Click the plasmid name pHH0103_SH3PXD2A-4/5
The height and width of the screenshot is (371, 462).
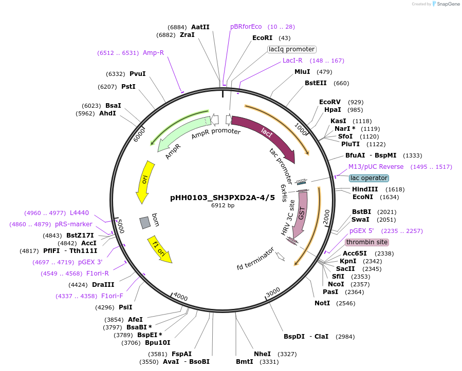coord(223,198)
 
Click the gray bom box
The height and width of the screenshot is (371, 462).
coord(145,222)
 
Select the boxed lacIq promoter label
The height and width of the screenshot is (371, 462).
coord(291,49)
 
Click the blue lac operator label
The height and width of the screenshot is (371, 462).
coord(368,178)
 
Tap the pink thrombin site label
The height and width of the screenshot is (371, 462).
coord(367,242)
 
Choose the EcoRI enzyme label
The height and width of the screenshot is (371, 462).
coord(262,38)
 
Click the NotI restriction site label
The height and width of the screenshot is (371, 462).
coord(322,303)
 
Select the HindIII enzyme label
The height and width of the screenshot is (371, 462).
coord(364,189)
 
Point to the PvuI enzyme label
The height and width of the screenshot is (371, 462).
coord(137,74)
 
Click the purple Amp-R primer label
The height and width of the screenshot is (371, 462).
coord(153,53)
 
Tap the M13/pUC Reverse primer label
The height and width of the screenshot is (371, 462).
coord(376,167)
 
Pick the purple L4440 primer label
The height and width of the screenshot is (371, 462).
coord(79,213)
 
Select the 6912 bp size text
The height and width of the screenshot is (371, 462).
coord(223,206)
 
